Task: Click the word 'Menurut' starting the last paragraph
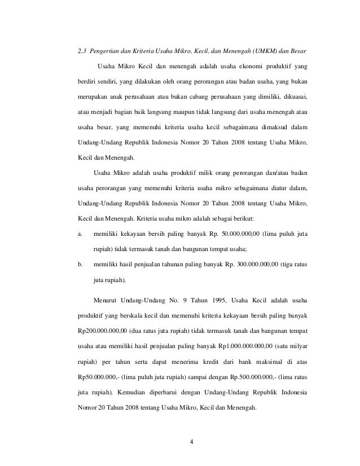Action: (108, 297)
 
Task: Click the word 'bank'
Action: (240, 359)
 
